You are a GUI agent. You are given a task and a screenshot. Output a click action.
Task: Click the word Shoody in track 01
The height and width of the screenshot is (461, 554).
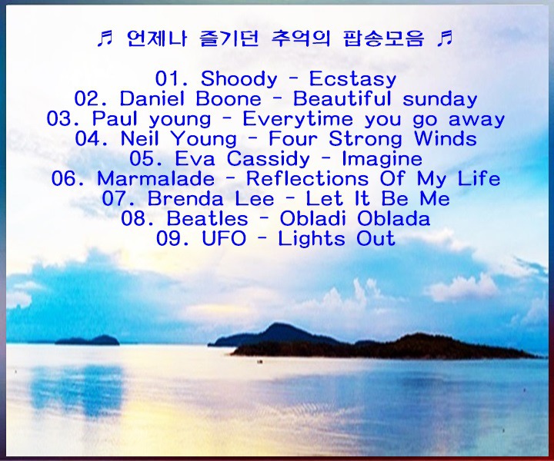[x=239, y=78]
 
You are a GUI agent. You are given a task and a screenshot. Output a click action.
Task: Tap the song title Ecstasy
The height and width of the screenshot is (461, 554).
[x=352, y=78]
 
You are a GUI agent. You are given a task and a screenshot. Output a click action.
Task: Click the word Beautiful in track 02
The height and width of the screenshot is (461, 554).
[x=342, y=99]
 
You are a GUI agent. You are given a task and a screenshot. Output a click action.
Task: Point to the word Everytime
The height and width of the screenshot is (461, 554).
[x=298, y=119]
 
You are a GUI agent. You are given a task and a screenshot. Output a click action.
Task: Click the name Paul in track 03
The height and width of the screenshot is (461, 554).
[x=115, y=119]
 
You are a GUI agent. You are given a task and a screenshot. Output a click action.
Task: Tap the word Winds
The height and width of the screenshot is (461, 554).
[x=446, y=138]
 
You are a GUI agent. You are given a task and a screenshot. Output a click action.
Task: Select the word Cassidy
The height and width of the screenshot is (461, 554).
[x=269, y=159]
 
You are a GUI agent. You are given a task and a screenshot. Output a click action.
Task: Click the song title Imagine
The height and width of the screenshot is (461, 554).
[x=382, y=159]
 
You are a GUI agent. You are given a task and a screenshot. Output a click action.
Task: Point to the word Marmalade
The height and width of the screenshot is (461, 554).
[x=155, y=178]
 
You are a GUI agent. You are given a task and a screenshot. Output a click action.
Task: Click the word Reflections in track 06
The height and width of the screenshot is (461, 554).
[x=307, y=178]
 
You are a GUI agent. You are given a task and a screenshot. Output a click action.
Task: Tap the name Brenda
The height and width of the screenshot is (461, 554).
[x=185, y=198]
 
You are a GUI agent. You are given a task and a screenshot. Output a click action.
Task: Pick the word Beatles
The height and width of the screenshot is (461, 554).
[x=208, y=218]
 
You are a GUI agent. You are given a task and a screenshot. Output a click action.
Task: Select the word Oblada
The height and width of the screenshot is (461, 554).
[x=394, y=218]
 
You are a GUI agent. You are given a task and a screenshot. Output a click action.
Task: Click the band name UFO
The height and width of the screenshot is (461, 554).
[x=224, y=238]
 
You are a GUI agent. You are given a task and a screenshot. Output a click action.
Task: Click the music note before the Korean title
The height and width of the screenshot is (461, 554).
[x=105, y=38]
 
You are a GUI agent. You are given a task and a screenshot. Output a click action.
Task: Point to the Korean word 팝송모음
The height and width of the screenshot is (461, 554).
[x=382, y=38]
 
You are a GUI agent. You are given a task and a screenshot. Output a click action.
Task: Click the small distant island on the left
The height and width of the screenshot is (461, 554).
[x=88, y=340]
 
